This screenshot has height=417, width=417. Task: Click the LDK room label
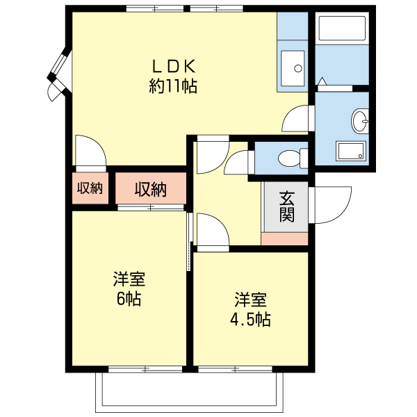coord(173,67)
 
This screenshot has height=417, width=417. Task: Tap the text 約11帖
coord(173,86)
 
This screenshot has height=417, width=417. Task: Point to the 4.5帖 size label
coord(250,319)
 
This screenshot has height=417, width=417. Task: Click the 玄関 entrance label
coord(287,206)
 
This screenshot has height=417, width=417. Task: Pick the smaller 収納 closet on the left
coord(90,188)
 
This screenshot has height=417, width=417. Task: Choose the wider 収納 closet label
coord(151,190)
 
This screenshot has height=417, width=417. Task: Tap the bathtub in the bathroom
coord(342,28)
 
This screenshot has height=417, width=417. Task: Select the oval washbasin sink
coord(360,121)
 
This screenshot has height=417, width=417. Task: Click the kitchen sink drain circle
coord(298,68)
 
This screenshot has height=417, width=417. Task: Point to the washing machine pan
coord(351,151)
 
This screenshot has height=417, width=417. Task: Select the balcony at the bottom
coord(189,391)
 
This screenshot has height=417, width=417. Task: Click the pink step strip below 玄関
coord(284,238)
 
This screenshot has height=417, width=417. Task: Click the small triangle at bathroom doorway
coord(322,81)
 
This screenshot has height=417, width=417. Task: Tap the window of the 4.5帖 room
coord(235,369)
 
